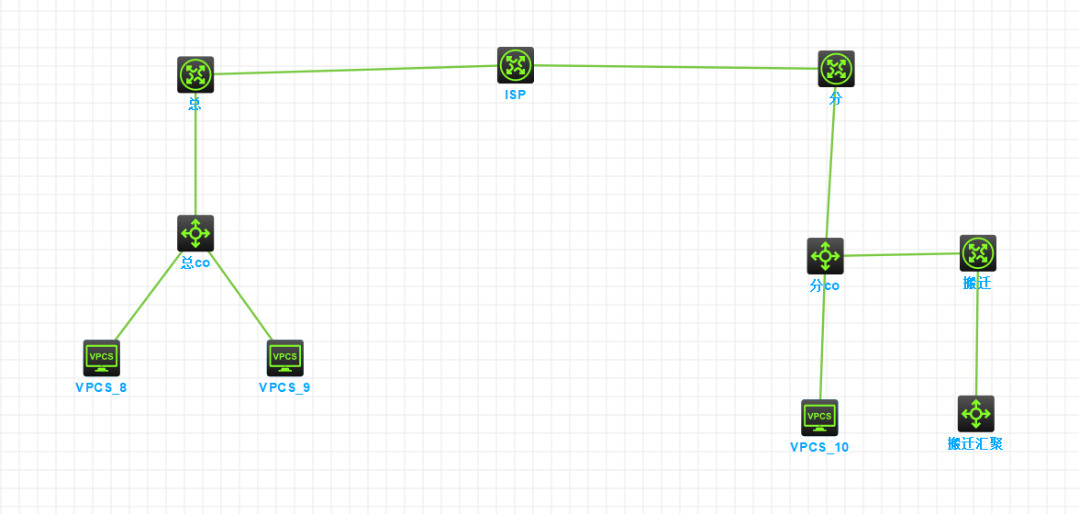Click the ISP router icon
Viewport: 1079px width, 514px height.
click(x=516, y=65)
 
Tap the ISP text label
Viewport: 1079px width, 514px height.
click(x=516, y=95)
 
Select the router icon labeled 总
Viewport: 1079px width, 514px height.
click(x=195, y=74)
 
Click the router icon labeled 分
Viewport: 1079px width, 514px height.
click(x=836, y=69)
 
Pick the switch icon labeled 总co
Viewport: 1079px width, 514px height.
click(x=195, y=233)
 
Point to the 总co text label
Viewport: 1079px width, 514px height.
click(x=195, y=263)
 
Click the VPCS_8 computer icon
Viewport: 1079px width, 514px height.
click(x=102, y=358)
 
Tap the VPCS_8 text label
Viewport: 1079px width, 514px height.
click(x=101, y=387)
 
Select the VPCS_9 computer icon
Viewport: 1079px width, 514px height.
click(x=285, y=358)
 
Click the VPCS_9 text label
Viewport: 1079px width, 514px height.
click(x=284, y=387)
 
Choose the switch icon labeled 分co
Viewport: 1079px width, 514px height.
click(x=825, y=256)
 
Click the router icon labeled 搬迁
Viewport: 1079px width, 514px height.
click(x=978, y=253)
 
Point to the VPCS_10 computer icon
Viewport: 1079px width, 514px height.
click(x=819, y=418)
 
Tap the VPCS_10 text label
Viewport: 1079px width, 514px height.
click(x=819, y=447)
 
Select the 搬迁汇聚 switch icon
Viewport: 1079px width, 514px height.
click(x=975, y=414)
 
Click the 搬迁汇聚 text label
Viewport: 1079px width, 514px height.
click(x=975, y=443)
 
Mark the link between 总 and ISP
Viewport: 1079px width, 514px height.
click(x=356, y=70)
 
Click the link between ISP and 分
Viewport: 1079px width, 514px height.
click(x=676, y=67)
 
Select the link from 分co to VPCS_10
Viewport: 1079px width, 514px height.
click(x=822, y=337)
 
